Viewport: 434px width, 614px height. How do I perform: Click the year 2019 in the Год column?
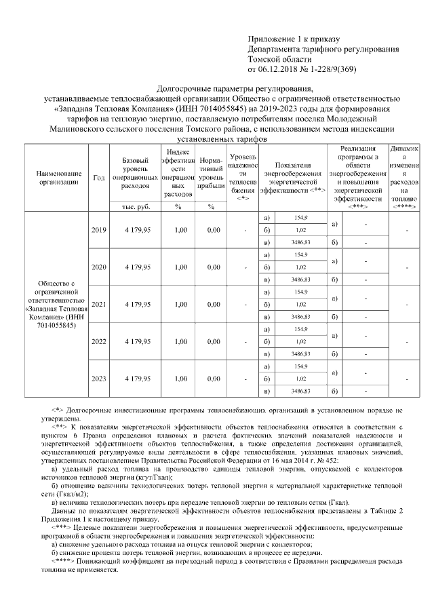(98, 230)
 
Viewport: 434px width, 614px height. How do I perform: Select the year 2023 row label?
(98, 379)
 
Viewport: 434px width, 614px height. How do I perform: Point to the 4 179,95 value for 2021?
(138, 305)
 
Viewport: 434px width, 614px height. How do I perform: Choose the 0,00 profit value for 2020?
(214, 267)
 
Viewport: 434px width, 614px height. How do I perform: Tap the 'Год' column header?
(98, 177)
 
